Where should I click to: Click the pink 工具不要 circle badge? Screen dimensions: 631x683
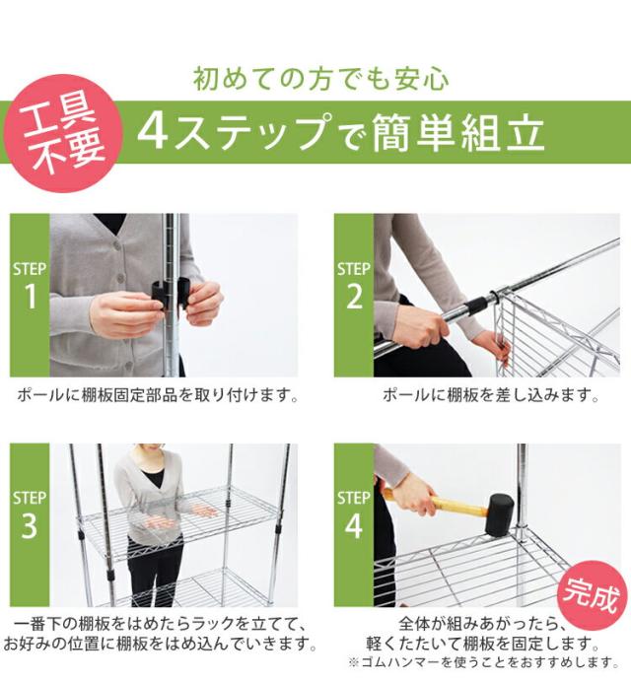coord(62,134)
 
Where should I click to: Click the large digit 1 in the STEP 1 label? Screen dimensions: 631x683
coord(30,297)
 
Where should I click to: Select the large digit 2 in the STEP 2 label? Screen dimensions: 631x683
coord(354,297)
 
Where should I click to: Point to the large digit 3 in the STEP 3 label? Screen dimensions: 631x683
coord(30,525)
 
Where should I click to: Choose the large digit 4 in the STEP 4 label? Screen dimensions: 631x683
coord(353,525)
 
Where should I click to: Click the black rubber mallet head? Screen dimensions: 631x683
coord(500,514)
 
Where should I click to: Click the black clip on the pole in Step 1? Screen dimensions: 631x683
coord(172,295)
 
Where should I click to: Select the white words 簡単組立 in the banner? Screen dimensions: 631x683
coord(458,133)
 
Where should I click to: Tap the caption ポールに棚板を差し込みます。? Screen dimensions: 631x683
coord(491,395)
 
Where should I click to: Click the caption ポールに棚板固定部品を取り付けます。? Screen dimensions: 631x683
coord(158,395)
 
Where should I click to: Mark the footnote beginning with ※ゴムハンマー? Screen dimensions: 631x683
coord(483,662)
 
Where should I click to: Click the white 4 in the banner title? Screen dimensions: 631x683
coord(153,133)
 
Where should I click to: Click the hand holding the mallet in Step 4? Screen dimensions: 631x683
coord(415,495)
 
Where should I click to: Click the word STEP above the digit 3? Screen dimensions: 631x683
coord(30,498)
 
